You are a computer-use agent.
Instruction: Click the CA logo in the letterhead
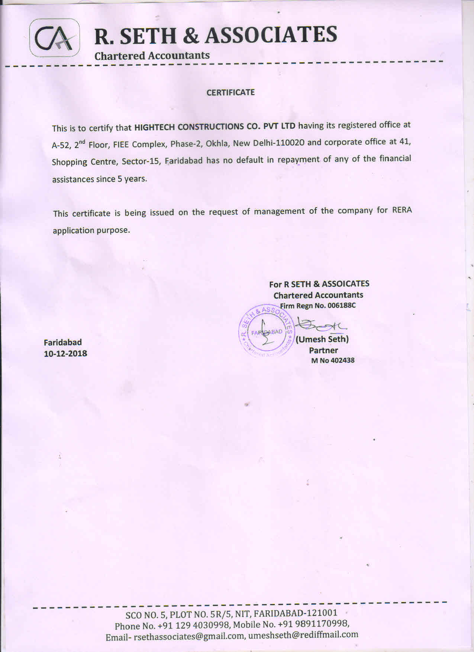coord(54,38)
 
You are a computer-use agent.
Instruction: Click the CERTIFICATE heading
coord(230,93)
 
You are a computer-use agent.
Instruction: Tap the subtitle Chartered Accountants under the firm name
coord(152,56)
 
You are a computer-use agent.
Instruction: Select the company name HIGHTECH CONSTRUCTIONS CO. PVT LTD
coord(215,126)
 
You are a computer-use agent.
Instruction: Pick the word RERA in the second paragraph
coord(402,210)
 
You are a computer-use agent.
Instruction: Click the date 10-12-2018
coord(65,354)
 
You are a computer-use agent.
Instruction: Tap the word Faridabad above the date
coord(63,342)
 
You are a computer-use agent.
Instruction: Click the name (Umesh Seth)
coord(322,339)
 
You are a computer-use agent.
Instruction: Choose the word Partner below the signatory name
coord(323,350)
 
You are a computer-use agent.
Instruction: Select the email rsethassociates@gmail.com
coord(189,636)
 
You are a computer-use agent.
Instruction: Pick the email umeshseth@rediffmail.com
coord(303,635)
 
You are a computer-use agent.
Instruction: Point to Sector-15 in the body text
coord(141,161)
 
